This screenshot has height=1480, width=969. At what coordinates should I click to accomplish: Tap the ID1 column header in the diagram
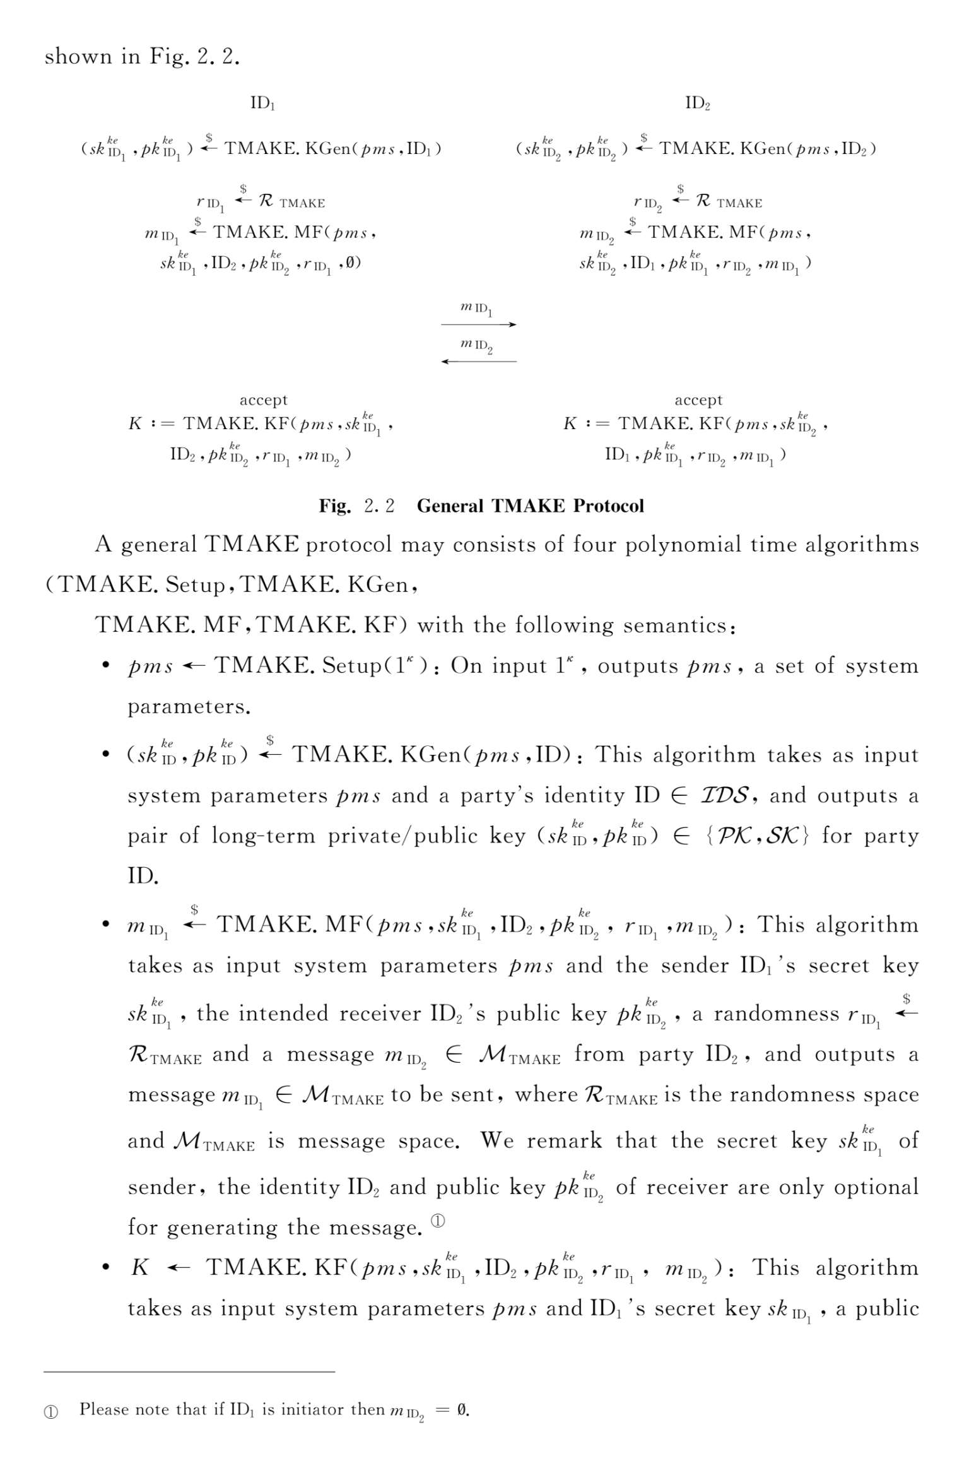(262, 103)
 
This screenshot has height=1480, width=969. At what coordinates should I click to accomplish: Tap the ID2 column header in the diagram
(698, 103)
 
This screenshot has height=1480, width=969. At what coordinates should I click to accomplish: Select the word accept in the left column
(263, 400)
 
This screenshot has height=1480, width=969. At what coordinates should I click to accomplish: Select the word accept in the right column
(698, 400)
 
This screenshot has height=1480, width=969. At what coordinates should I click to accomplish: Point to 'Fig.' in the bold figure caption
(334, 506)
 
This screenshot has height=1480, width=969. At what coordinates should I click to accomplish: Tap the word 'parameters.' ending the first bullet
(189, 706)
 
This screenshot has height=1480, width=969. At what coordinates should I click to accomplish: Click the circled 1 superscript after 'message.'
(438, 1221)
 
